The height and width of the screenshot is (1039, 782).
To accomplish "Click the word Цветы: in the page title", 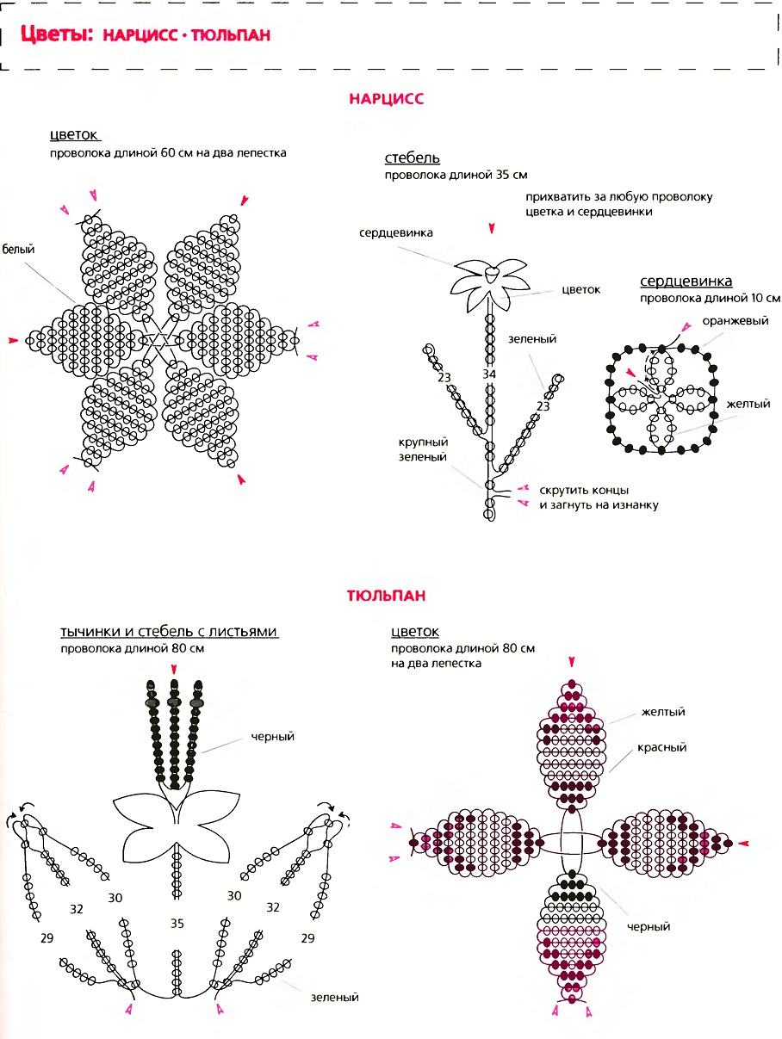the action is [57, 34].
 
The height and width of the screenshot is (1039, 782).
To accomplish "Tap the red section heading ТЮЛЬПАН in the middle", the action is [386, 596].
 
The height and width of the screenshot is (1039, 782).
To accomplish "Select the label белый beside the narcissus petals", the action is [18, 250].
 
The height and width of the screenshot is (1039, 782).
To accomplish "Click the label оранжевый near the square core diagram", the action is [735, 321].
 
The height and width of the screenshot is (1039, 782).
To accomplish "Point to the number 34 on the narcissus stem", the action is [489, 374].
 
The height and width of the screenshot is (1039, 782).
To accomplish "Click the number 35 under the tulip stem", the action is [177, 923].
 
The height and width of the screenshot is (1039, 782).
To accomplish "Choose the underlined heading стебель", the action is [413, 158].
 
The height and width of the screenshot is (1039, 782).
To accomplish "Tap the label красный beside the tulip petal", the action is [661, 747].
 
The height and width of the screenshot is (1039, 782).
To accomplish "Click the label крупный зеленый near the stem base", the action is [423, 449].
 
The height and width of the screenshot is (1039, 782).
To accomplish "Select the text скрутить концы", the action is [584, 490].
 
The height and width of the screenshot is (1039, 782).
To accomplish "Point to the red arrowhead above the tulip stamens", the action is [174, 670].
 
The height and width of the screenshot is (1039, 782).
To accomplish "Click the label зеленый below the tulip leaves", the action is [334, 998].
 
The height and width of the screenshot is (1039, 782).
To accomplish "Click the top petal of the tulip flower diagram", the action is [571, 744].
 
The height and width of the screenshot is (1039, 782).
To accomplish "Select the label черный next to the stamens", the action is [272, 736].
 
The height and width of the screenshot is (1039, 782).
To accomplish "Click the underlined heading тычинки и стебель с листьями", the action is [169, 631].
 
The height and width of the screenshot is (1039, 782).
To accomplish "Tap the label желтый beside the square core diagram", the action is [748, 404].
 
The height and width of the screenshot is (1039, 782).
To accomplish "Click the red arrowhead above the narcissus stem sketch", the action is [492, 228].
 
